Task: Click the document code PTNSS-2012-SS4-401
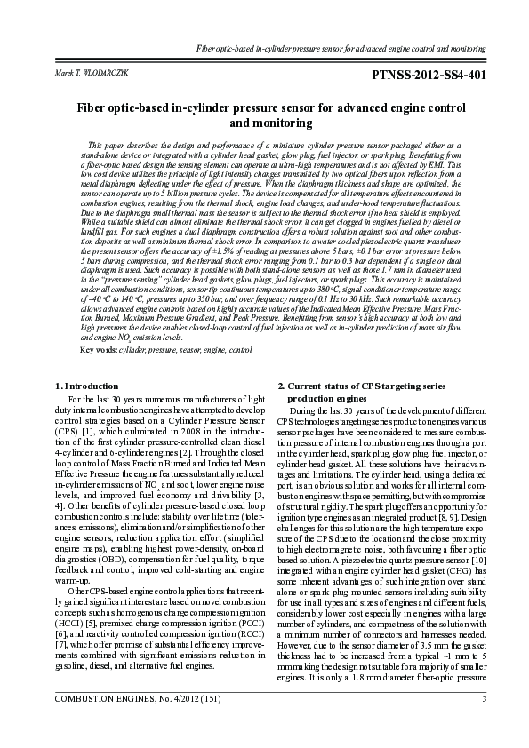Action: [429, 75]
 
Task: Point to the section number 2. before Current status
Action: [281, 386]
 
